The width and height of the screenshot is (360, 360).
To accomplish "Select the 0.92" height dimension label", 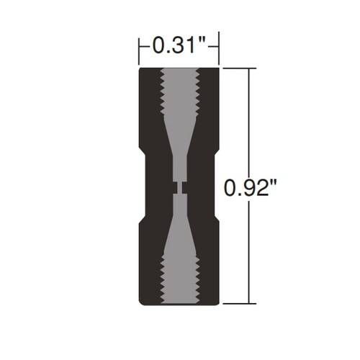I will point(251,189).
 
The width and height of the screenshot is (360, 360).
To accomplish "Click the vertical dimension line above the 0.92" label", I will point(250,122).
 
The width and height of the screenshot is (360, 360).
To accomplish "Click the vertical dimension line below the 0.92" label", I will point(250,252).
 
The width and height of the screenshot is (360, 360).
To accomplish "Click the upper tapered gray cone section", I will point(179,148).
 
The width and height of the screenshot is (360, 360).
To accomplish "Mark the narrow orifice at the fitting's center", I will point(179,187).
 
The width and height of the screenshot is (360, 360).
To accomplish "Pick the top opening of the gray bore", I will point(179,70).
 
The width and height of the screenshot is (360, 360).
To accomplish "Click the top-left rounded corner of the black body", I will point(141,71).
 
